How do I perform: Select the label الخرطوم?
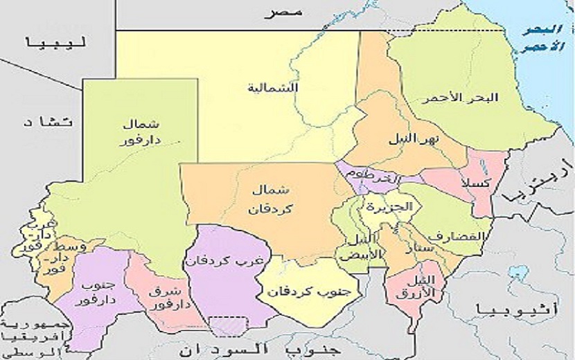(375, 176)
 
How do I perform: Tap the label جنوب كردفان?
(303, 292)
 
